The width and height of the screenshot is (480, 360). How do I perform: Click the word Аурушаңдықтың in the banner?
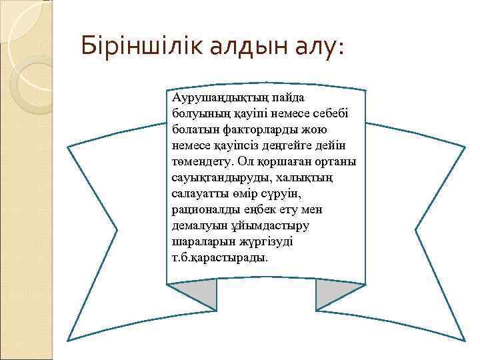point(214,99)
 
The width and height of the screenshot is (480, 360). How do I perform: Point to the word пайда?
point(281,99)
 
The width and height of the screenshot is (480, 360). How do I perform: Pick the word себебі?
point(320,113)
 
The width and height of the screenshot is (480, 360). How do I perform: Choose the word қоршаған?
point(279,161)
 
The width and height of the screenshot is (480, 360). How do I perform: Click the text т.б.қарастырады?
point(219,257)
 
